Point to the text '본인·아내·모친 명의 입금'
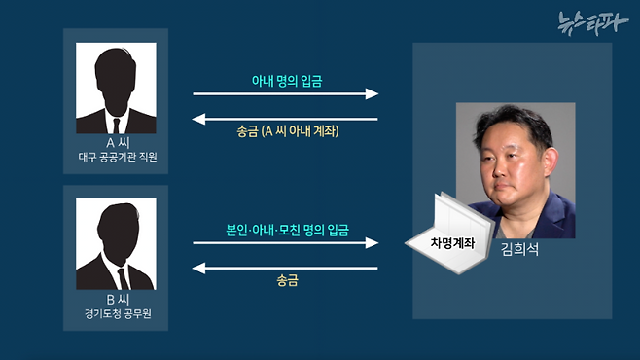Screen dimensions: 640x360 (x=286, y=230)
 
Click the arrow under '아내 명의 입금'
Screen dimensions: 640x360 (x=286, y=94)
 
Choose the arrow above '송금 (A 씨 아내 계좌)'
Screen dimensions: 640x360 (x=286, y=119)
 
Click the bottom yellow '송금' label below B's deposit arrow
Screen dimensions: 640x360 (x=286, y=281)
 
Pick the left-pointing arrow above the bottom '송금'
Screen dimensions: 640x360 (x=286, y=267)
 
